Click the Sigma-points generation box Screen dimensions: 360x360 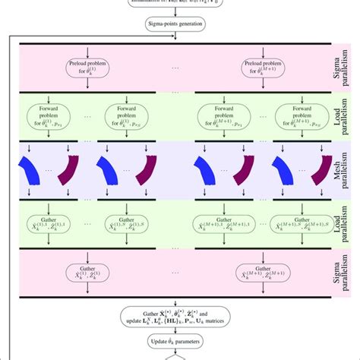[180, 25]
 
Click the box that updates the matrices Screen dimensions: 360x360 [180, 317]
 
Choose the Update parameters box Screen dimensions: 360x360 [180, 339]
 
